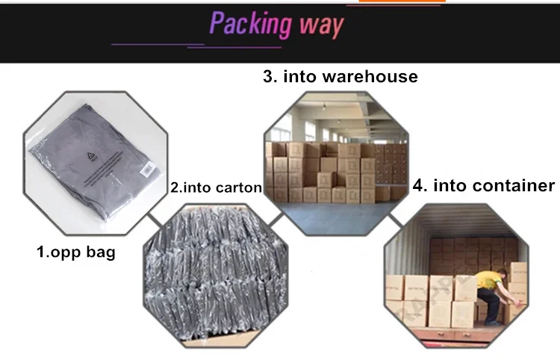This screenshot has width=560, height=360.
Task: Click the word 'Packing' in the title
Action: (x=249, y=24)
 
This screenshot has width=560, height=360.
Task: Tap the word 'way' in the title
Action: (x=320, y=25)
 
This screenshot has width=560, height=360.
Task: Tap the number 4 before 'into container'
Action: (x=419, y=185)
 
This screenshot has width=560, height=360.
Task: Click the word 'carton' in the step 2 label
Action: (x=238, y=188)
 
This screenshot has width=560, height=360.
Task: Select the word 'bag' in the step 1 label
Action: (x=101, y=252)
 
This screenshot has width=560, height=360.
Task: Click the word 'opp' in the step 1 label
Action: (x=68, y=253)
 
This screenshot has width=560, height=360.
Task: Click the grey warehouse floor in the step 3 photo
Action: (x=336, y=217)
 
